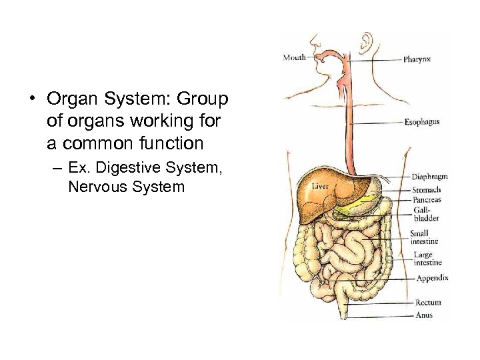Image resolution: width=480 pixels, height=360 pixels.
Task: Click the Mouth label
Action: pos(294,57)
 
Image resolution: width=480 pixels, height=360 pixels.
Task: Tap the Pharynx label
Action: pos(417,59)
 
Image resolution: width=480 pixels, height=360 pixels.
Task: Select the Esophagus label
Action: pos(422,122)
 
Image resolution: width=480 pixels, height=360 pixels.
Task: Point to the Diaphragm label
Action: pos(429,177)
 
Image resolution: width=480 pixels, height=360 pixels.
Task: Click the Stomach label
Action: pos(426,190)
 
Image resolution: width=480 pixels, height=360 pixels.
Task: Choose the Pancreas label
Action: pos(426,200)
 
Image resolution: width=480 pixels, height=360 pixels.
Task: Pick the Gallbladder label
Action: pos(426,214)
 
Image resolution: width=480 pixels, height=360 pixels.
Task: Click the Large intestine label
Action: pos(427,259)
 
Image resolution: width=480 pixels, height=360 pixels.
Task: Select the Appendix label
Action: pos(432,278)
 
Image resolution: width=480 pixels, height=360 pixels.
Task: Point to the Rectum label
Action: pos(428,303)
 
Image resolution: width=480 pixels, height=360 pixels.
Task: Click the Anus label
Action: pos(424,315)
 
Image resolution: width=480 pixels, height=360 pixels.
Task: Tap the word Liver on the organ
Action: pos(321,187)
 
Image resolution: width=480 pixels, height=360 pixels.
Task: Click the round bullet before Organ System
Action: pos(31,100)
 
